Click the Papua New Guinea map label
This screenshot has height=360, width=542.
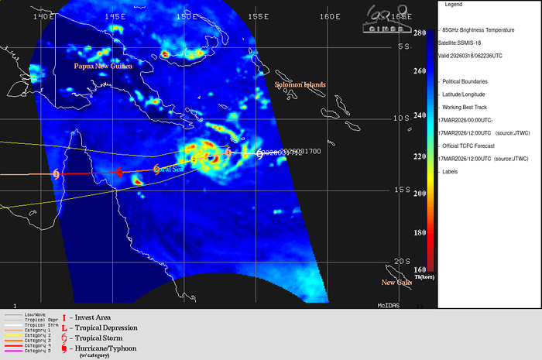click(x=103, y=67)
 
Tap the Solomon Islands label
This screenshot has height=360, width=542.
click(x=300, y=84)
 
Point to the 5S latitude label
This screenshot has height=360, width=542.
click(x=403, y=47)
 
